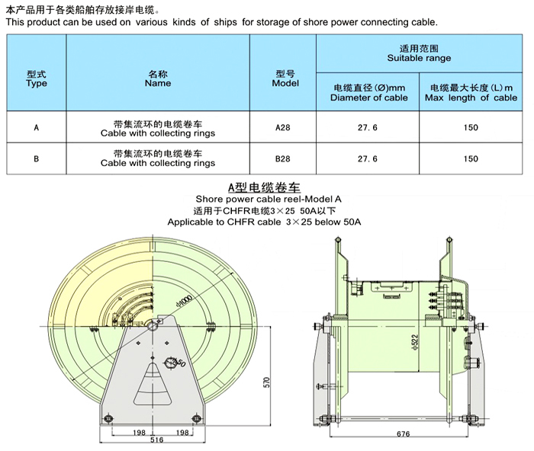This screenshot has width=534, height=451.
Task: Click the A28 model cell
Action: [x=283, y=127]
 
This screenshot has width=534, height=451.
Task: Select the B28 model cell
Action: [x=283, y=158]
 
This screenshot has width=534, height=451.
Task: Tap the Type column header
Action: [x=37, y=79]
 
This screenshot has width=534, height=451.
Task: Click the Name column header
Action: [x=158, y=79]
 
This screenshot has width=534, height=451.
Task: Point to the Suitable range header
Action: [x=419, y=53]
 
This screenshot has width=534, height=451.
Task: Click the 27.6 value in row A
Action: [x=368, y=127]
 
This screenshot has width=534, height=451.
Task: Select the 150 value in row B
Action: [x=471, y=158]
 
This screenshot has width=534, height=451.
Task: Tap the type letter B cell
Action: [x=37, y=158]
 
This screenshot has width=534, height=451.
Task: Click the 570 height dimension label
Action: [x=267, y=382]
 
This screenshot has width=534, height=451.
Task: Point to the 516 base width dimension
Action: [x=156, y=440]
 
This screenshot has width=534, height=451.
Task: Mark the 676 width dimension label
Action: [x=404, y=434]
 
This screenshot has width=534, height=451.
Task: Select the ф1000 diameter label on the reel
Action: [x=185, y=302]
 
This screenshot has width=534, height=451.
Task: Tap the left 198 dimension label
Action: [x=139, y=433]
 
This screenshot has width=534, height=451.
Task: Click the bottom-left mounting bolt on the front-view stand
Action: [x=108, y=418]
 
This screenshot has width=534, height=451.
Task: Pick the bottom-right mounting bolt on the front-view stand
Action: [x=196, y=418]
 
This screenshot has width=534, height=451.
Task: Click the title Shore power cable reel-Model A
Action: [x=269, y=199]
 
